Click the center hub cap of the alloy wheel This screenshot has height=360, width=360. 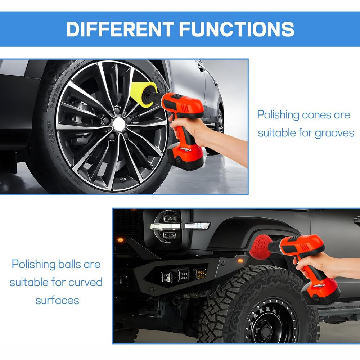119,125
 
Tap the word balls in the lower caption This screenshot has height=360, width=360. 69,264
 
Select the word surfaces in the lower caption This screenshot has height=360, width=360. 57,300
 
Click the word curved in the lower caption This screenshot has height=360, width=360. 85,282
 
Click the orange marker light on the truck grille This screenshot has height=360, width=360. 121,240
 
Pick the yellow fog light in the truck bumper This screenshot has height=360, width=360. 200,274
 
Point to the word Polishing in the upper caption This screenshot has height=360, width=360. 278,115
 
